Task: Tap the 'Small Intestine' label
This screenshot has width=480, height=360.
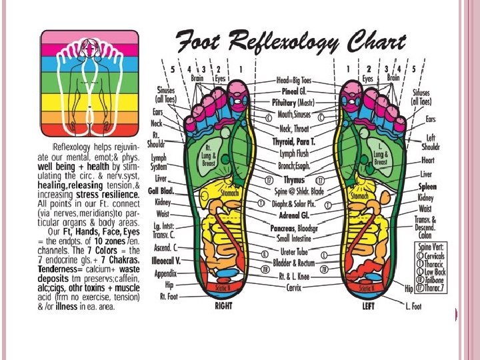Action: pos(293,238)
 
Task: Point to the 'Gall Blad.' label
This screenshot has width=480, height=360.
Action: pos(161,190)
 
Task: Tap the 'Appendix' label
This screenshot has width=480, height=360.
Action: pos(165,273)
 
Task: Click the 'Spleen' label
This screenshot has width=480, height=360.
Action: pos(427,187)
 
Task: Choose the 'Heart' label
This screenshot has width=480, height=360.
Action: pos(427,160)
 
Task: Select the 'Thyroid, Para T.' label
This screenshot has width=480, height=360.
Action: pos(293,142)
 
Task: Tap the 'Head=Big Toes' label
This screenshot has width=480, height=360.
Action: pos(293,79)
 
